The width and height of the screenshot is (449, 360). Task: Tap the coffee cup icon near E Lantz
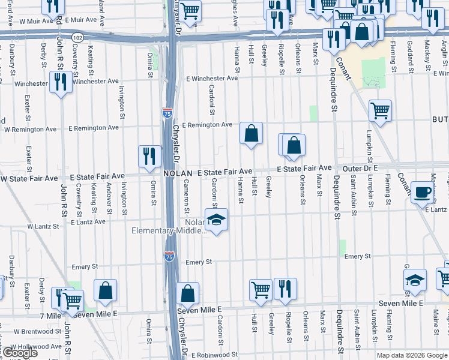[423, 192]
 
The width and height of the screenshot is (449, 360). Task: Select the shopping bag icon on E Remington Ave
[252, 133]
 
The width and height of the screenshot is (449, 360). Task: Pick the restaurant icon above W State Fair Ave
[149, 155]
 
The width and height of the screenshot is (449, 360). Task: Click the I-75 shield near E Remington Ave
[166, 112]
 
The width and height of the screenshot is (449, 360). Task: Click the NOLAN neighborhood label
[178, 173]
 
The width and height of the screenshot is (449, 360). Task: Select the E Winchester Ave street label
[212, 79]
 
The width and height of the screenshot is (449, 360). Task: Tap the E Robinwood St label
[211, 355]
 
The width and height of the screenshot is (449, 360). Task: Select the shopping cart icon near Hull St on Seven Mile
[260, 289]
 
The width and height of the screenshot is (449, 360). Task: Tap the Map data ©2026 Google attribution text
[412, 355]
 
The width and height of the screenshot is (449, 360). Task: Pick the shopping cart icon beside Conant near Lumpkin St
[380, 110]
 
